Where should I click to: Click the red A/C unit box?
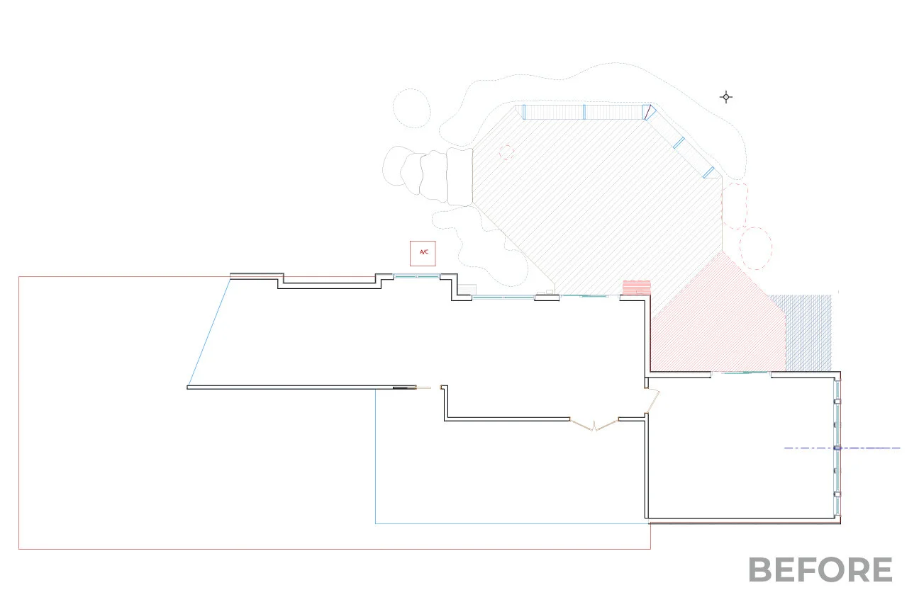(423, 253)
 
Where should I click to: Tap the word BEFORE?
(820, 570)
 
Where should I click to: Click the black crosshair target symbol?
(726, 97)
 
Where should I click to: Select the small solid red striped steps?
(637, 288)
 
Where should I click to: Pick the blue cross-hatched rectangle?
(808, 331)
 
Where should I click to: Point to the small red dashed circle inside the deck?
(506, 152)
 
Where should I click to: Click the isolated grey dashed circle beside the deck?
(411, 108)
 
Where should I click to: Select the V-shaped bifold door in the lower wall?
(594, 424)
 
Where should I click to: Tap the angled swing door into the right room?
(653, 400)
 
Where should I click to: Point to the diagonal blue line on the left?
(210, 331)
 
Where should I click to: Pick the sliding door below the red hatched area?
(741, 373)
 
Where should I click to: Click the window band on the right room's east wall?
(837, 448)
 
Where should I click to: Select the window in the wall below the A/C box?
(416, 276)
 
